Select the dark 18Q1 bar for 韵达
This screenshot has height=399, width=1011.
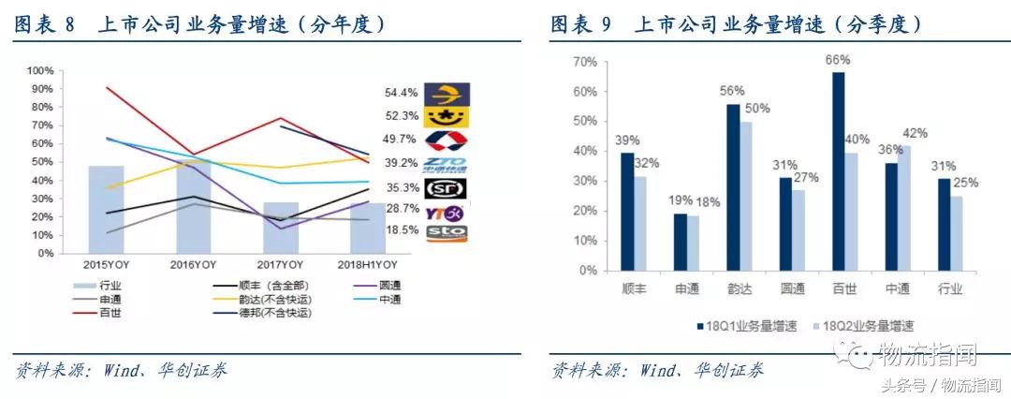coord(733,187)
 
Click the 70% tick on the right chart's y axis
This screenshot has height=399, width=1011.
coord(584,61)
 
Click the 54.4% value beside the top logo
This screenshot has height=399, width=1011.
coord(401,93)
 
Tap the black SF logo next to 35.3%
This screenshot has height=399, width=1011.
coord(447,188)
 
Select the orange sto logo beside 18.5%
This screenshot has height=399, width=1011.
coord(447,232)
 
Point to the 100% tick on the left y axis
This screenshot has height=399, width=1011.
coord(40,71)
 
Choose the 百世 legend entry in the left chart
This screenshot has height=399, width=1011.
coord(109,311)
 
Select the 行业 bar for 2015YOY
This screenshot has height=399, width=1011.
coord(106,210)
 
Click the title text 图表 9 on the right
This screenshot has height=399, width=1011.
coord(580,24)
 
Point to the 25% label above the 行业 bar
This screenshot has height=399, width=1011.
coord(965,182)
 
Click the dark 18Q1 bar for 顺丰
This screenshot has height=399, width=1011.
coord(626,212)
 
